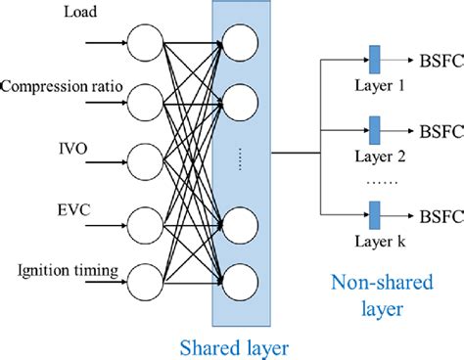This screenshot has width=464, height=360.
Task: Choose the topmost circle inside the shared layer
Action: point(240,40)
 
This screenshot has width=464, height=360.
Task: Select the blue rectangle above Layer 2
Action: point(373,127)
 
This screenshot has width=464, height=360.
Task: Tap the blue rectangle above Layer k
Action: point(373,212)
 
